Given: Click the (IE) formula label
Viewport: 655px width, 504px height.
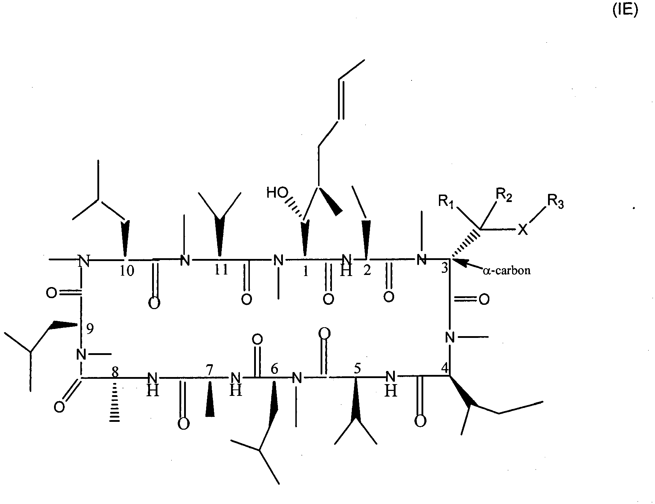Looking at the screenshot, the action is pyautogui.click(x=625, y=11).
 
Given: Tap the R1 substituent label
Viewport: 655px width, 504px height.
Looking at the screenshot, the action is pyautogui.click(x=446, y=202).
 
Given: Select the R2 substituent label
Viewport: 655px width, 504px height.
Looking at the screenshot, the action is pyautogui.click(x=504, y=195).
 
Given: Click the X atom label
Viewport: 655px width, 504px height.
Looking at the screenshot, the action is pyautogui.click(x=522, y=230).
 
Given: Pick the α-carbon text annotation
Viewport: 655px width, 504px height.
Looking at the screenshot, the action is pyautogui.click(x=506, y=271).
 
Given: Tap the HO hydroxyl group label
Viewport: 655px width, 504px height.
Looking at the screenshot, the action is pyautogui.click(x=277, y=193).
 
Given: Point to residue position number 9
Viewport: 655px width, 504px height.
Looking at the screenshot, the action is pyautogui.click(x=90, y=329).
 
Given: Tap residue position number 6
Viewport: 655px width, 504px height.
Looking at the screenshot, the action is pyautogui.click(x=274, y=370).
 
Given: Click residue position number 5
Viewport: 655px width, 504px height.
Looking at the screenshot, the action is pyautogui.click(x=357, y=369).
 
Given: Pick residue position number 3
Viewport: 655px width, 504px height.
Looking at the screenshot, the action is pyautogui.click(x=444, y=268).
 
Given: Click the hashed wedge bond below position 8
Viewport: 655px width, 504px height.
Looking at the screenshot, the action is pyautogui.click(x=114, y=399).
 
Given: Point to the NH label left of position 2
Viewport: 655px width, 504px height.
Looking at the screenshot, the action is pyautogui.click(x=347, y=265).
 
